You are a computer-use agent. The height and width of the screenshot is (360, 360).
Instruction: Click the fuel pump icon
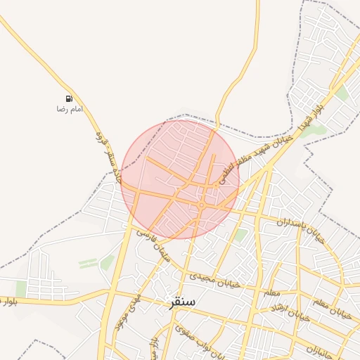[69, 98]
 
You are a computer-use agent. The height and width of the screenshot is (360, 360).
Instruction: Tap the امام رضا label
[70, 109]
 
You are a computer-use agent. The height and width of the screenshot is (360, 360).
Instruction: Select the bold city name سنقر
[182, 303]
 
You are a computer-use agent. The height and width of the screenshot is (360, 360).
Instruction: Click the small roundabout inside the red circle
[201, 205]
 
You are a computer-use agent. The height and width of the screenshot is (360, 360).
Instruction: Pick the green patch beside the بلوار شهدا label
[316, 130]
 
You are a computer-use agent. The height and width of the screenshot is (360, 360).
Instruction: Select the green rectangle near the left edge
[21, 289]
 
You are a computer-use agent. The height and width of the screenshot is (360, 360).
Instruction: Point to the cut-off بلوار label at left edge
[8, 302]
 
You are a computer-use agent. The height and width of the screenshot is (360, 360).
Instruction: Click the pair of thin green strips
[88, 263]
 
